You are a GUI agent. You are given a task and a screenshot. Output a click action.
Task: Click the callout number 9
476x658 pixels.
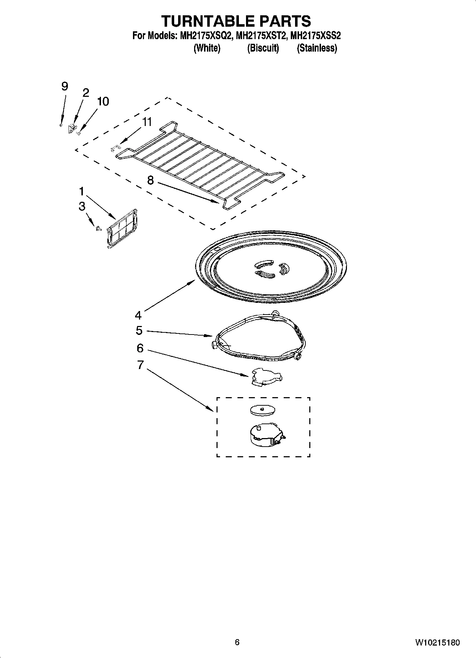[x=64, y=86]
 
